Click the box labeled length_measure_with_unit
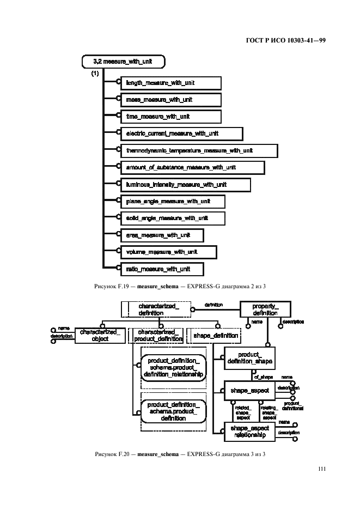click(x=169, y=83)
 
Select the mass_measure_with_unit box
click(x=169, y=100)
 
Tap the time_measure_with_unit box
click(x=169, y=117)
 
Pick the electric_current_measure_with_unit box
click(x=180, y=133)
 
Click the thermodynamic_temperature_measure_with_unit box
click(x=198, y=150)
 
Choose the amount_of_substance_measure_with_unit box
click(x=191, y=167)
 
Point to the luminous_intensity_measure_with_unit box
click(x=184, y=184)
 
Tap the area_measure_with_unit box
click(x=161, y=235)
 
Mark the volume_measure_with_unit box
click(x=167, y=252)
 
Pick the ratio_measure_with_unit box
click(x=161, y=269)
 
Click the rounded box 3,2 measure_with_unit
click(x=123, y=62)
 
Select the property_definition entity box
click(x=265, y=310)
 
